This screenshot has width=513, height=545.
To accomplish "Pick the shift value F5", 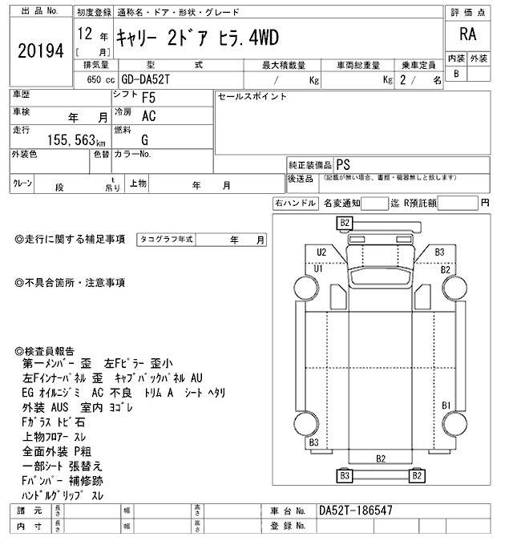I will pyautogui.click(x=148, y=100).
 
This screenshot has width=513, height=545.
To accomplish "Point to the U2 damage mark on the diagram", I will pyautogui.click(x=321, y=252).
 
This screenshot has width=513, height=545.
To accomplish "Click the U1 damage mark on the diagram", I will pyautogui.click(x=318, y=268).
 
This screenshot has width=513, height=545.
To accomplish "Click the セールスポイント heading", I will pyautogui.click(x=252, y=97).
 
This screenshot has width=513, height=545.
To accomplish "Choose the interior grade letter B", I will pyautogui.click(x=456, y=74).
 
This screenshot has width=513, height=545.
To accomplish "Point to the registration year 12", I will pyautogui.click(x=85, y=37).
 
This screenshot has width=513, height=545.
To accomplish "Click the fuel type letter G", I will pyautogui.click(x=144, y=139).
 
